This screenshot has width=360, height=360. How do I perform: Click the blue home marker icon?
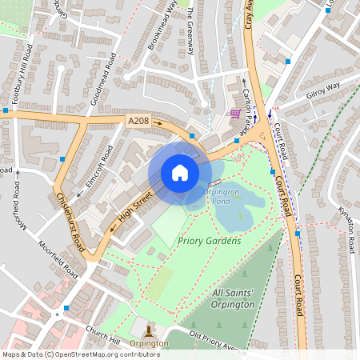(x=180, y=173)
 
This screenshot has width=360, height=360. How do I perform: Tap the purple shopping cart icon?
(x=236, y=114)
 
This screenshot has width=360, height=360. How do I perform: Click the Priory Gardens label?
(x=209, y=240)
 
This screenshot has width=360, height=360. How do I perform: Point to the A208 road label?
(x=138, y=121)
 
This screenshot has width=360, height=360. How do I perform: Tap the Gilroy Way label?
(x=322, y=89)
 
